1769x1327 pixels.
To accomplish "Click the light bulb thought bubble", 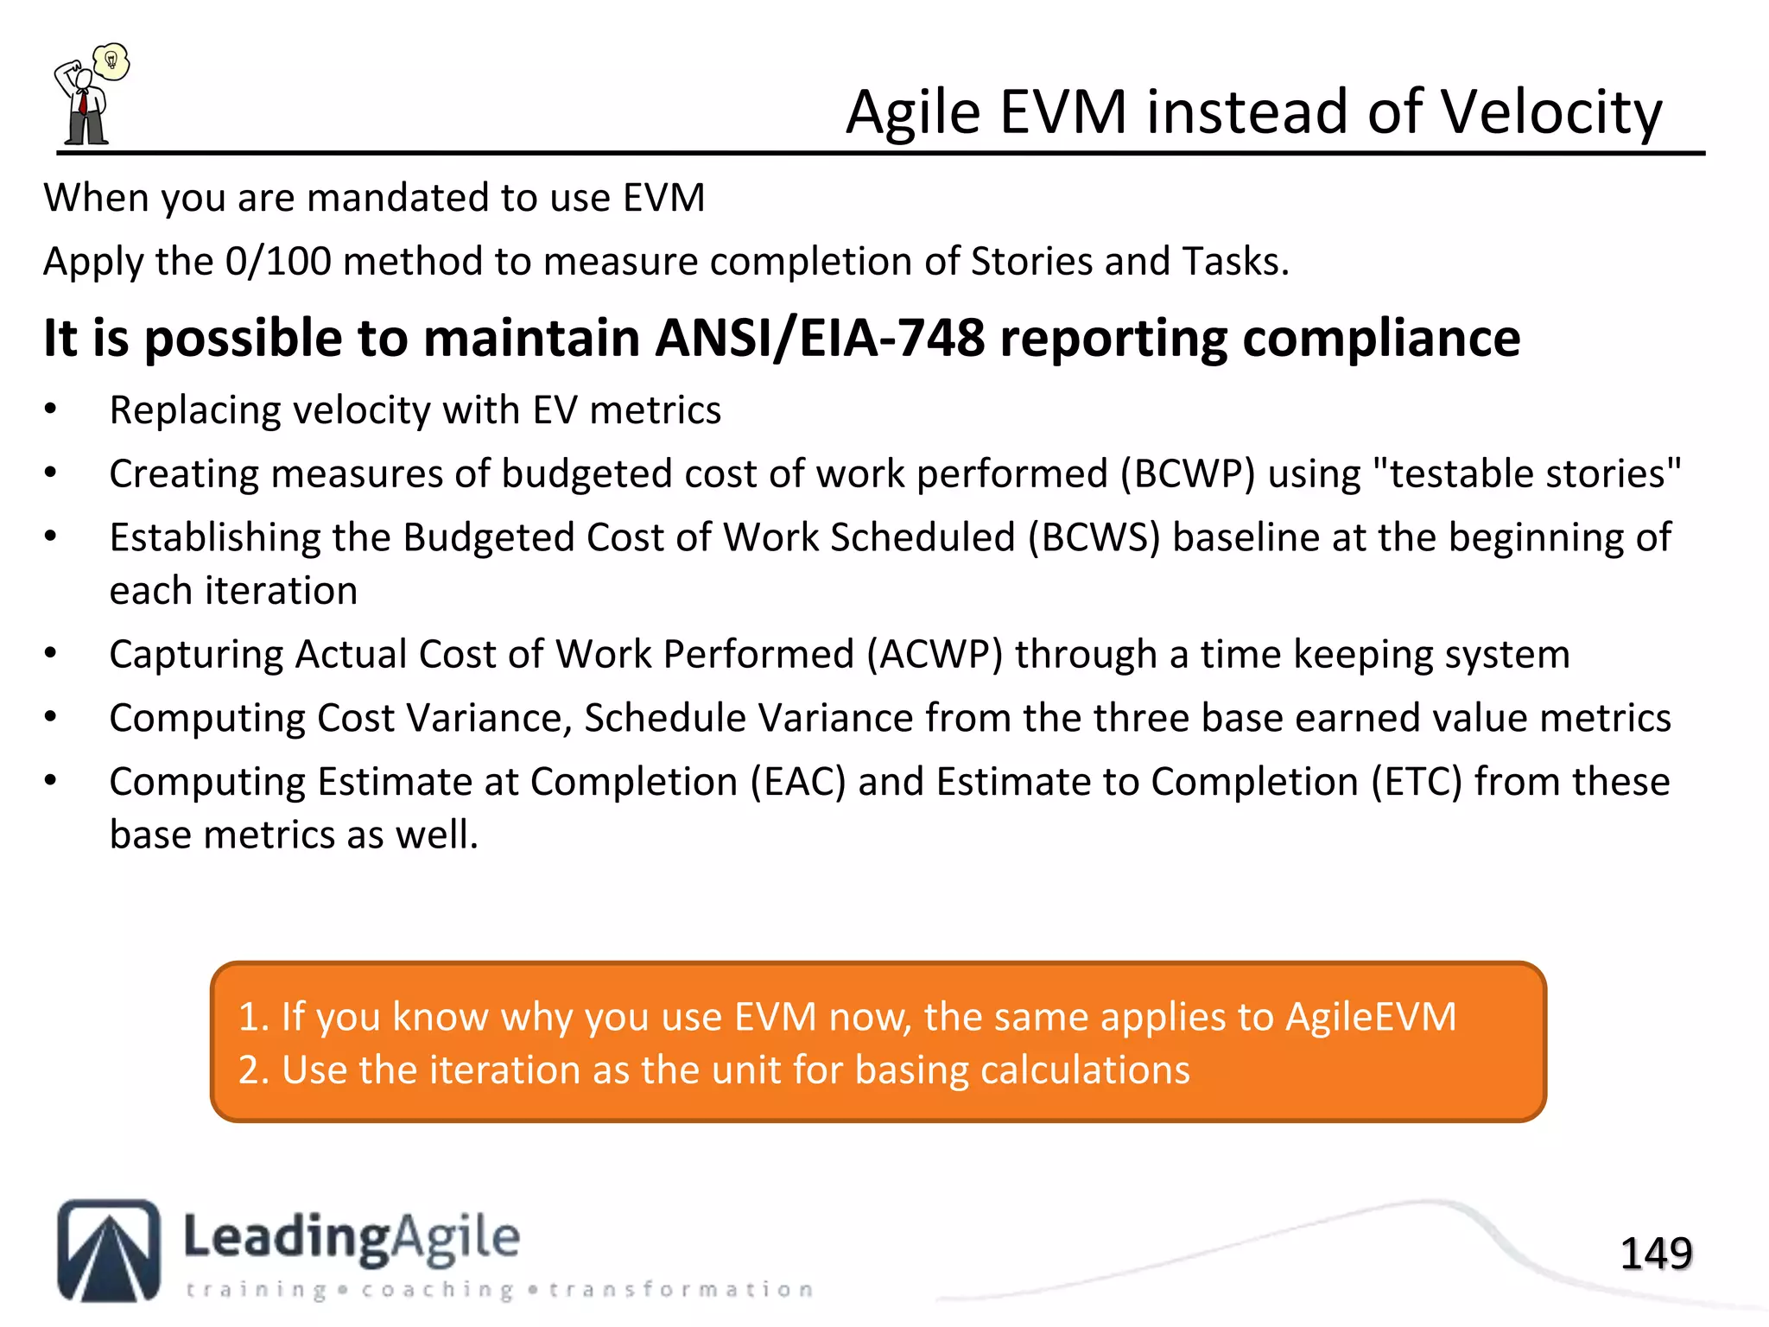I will tap(111, 60).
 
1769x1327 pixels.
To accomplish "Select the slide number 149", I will tap(1655, 1254).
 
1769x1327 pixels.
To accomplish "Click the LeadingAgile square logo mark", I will tap(109, 1250).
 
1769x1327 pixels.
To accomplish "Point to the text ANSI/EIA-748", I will tap(819, 338).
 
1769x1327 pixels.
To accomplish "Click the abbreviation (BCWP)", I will tap(1188, 473).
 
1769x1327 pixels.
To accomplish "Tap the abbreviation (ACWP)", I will tap(935, 654).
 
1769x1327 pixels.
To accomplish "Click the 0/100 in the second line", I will tap(277, 261).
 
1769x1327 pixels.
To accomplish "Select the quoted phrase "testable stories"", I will tap(1526, 473).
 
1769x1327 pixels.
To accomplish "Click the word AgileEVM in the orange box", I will tap(1370, 1016).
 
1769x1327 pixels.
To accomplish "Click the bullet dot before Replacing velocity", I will tap(51, 410).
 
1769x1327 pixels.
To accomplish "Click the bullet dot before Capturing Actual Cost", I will tap(51, 654).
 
